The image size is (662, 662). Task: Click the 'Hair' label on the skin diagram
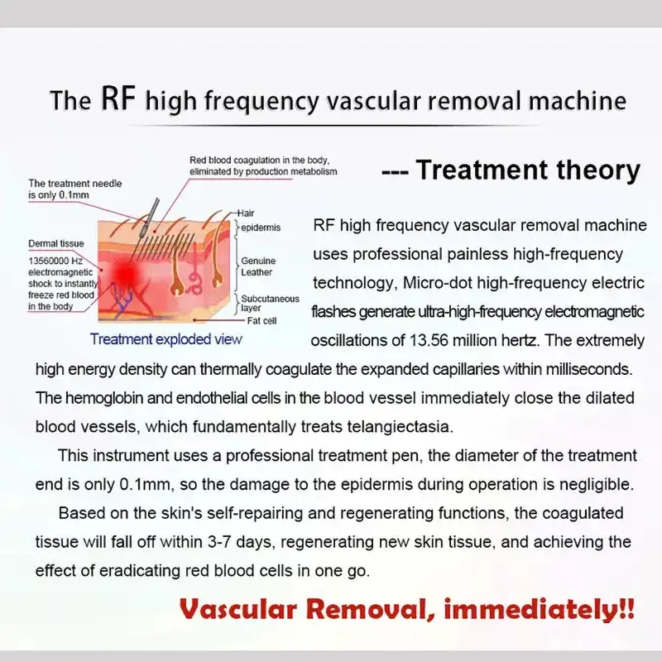[245, 213]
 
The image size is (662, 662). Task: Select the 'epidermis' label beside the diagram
[261, 228]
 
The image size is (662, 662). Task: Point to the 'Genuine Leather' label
[258, 266]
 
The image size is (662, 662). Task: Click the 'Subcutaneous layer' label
[270, 303]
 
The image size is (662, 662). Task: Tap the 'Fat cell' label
[261, 321]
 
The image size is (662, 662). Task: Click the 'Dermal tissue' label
[56, 243]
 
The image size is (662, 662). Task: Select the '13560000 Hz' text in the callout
[55, 261]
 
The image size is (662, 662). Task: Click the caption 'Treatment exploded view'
[166, 339]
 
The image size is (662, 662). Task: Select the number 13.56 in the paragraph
[429, 340]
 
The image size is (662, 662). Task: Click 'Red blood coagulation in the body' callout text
[259, 161]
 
